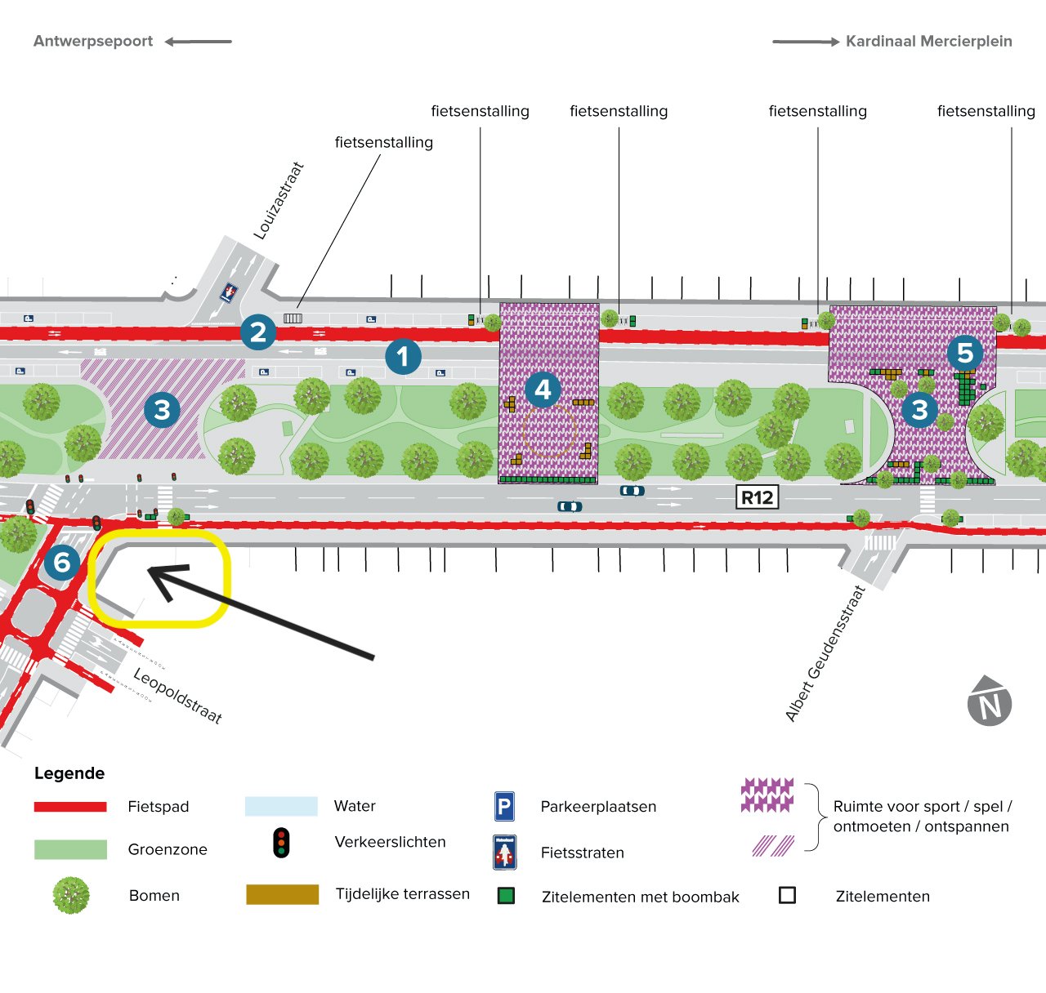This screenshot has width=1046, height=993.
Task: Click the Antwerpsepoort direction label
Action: [93, 42]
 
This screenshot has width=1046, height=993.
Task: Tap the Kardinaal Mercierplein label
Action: [928, 42]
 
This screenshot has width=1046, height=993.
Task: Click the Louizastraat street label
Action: [279, 201]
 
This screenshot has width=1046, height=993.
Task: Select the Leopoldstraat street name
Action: [177, 696]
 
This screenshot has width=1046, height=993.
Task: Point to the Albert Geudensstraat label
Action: [825, 653]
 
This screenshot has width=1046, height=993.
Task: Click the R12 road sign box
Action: [757, 497]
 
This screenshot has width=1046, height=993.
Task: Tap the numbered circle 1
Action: [403, 356]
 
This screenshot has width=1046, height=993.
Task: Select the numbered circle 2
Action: [258, 332]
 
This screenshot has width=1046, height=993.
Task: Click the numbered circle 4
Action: [543, 390]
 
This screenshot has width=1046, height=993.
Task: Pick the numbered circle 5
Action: [965, 353]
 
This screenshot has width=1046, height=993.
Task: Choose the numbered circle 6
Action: [62, 562]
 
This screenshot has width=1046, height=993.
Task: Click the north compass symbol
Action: [990, 701]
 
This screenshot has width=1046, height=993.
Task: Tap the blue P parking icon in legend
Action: [504, 807]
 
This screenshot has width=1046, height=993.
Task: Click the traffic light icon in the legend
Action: [281, 842]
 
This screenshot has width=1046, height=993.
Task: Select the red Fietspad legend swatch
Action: [70, 807]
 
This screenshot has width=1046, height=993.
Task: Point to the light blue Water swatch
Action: [281, 806]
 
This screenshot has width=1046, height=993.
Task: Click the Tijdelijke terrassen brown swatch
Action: [282, 894]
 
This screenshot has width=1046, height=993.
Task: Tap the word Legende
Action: [69, 773]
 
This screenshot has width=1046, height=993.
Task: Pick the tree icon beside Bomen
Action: [71, 895]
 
